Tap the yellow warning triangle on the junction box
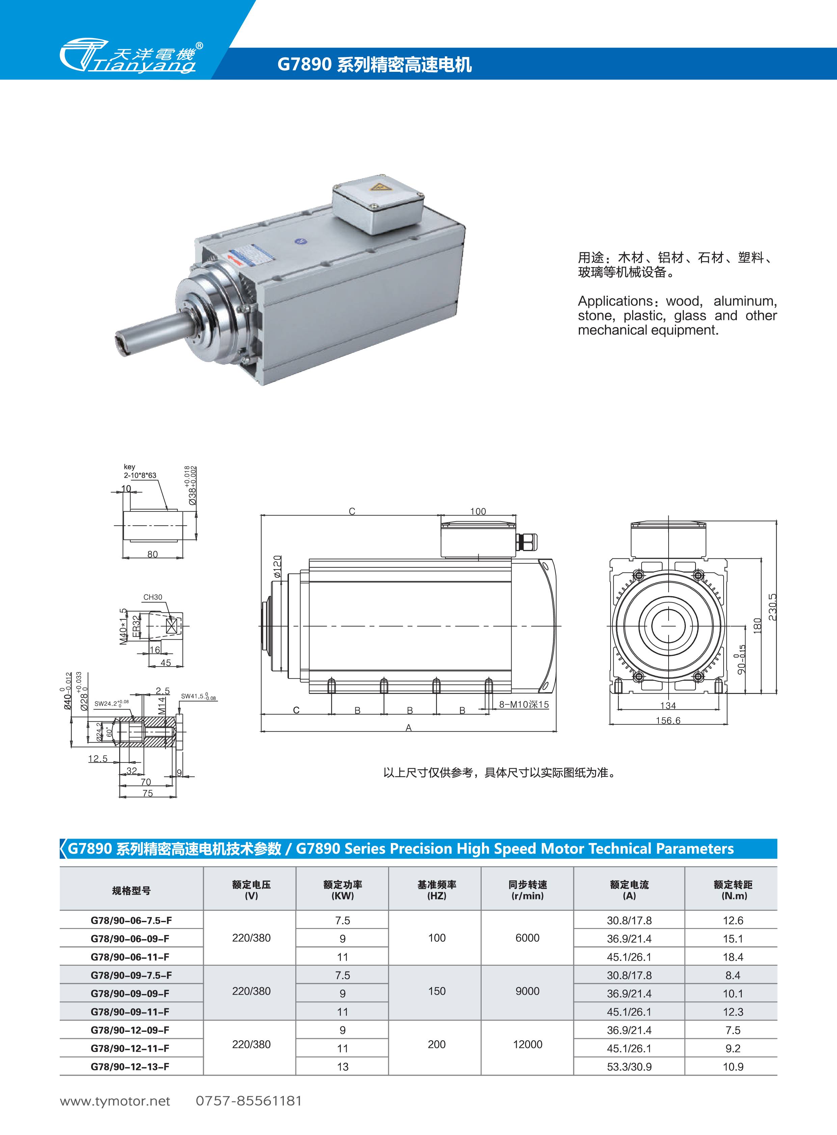tap(378, 187)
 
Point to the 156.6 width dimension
tap(668, 720)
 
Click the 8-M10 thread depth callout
tap(523, 704)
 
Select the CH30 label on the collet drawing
tap(153, 597)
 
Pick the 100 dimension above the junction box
tap(478, 511)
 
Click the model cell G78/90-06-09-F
tap(130, 938)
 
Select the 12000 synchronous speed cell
tap(528, 1044)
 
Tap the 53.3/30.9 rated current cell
tap(629, 1067)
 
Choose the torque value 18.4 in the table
tap(733, 957)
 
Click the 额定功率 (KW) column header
tap(343, 890)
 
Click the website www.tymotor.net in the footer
tap(115, 1101)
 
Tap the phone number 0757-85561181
tap(249, 1101)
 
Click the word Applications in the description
tap(615, 301)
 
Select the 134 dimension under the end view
tap(668, 705)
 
